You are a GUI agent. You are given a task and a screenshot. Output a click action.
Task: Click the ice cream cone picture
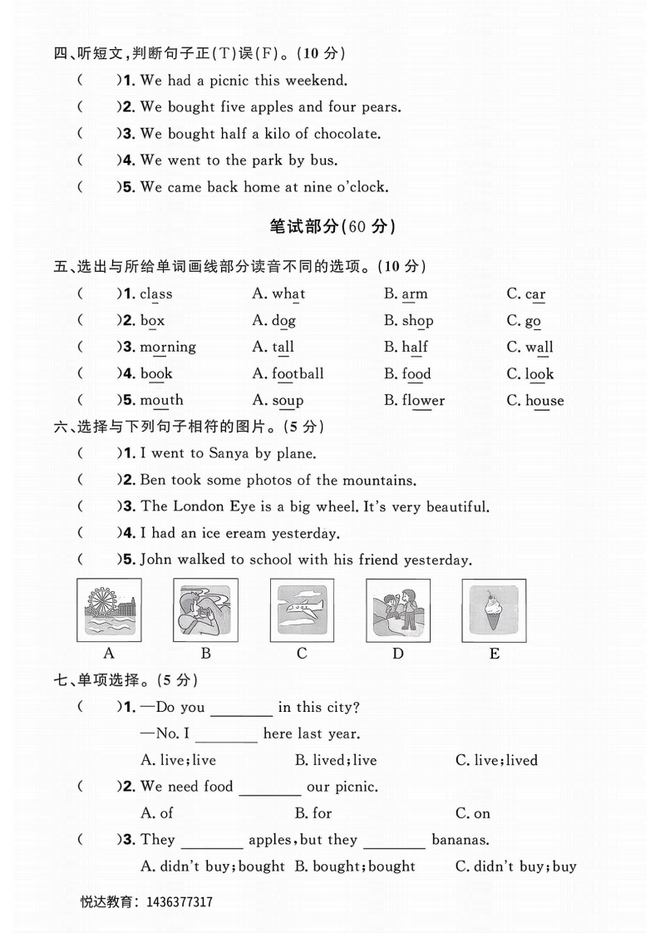pos(494,610)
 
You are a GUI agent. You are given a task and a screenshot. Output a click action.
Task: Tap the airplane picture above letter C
pos(302,610)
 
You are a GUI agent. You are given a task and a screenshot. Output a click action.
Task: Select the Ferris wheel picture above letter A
pos(109,610)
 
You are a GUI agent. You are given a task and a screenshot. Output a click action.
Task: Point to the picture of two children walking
pos(397,610)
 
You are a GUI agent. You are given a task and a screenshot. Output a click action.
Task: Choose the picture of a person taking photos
pos(205,610)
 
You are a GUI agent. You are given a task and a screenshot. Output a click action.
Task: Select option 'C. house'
pos(534,401)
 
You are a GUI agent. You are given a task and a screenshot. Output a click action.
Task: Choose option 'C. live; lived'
pos(496,760)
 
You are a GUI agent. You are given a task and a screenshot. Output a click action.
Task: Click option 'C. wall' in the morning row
pos(529,348)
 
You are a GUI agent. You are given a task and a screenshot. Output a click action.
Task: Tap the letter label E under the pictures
pos(495,654)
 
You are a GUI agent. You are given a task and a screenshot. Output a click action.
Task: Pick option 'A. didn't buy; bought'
pos(213,866)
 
